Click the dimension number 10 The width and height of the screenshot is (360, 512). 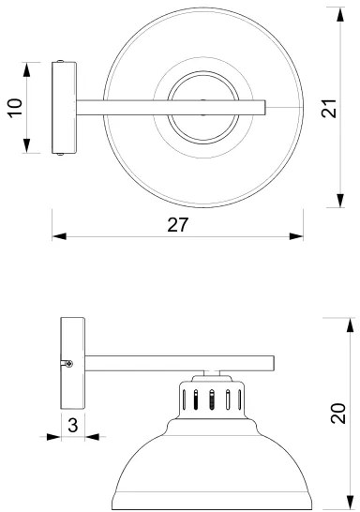[13, 108]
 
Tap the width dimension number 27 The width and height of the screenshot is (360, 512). [178, 225]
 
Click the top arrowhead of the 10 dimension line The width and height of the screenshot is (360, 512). [26, 68]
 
